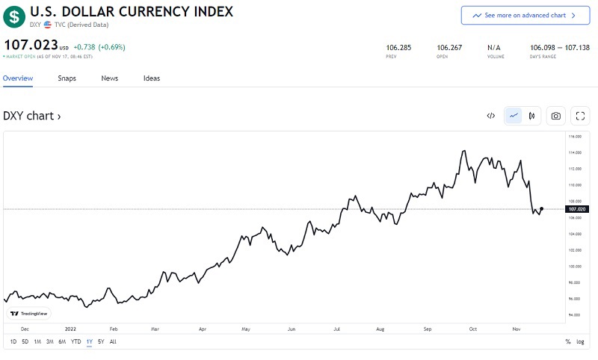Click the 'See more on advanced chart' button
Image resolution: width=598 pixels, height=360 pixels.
point(525,15)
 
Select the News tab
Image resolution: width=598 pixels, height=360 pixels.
point(110,78)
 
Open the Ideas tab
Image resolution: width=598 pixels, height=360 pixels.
point(152,78)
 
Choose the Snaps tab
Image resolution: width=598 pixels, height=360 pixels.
point(67,78)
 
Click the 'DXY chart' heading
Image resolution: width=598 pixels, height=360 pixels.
point(32,116)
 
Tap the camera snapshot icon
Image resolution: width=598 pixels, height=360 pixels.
point(555,116)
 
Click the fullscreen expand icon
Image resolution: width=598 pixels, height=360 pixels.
point(580,116)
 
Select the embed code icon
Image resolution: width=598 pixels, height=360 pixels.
point(491,116)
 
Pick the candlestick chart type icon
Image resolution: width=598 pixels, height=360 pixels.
point(531,116)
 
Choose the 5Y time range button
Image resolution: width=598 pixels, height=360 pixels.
point(101,341)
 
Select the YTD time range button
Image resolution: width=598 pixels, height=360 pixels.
point(75,341)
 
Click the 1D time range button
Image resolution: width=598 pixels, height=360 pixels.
point(13,341)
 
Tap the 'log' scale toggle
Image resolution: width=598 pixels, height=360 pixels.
point(581,341)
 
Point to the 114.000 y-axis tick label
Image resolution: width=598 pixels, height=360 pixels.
point(576,152)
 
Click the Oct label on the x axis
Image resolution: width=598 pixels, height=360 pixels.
point(473,328)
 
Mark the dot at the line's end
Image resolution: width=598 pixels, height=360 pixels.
point(541,209)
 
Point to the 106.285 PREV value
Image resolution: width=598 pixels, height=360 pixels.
point(394,47)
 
